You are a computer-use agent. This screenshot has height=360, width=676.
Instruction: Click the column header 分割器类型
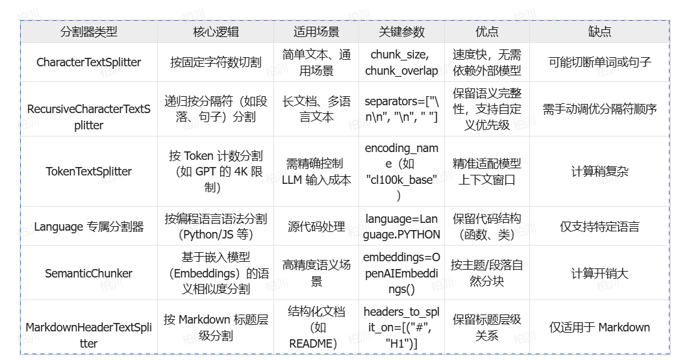pyautogui.click(x=89, y=31)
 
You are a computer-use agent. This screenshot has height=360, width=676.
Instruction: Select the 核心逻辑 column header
pyautogui.click(x=216, y=31)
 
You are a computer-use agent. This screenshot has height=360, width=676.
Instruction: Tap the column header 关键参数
pyautogui.click(x=401, y=31)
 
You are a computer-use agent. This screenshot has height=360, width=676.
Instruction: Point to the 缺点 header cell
pyautogui.click(x=599, y=31)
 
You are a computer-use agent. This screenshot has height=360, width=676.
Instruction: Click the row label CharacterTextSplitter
pyautogui.click(x=89, y=62)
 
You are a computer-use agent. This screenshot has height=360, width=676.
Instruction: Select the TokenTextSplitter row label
pyautogui.click(x=89, y=172)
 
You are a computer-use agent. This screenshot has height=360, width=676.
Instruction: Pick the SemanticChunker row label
pyautogui.click(x=89, y=273)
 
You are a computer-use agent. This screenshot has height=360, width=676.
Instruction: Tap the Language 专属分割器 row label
pyautogui.click(x=89, y=227)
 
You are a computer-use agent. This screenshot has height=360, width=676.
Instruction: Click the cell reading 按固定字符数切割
pyautogui.click(x=216, y=62)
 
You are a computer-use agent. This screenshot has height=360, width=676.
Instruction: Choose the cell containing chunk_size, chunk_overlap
pyautogui.click(x=401, y=62)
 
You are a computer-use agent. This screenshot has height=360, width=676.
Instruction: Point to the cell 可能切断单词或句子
pyautogui.click(x=599, y=62)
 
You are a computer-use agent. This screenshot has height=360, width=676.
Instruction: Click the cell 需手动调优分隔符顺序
pyautogui.click(x=599, y=109)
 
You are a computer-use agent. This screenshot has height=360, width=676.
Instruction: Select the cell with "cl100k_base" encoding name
pyautogui.click(x=401, y=172)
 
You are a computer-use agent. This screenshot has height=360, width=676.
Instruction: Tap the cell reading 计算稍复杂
pyautogui.click(x=599, y=172)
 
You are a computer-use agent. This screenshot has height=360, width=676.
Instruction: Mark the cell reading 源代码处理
pyautogui.click(x=316, y=227)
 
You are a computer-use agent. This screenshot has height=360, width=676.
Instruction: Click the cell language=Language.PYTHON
pyautogui.click(x=401, y=227)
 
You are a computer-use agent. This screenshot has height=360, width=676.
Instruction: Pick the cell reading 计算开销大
pyautogui.click(x=599, y=273)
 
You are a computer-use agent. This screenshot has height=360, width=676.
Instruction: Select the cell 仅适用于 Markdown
pyautogui.click(x=599, y=328)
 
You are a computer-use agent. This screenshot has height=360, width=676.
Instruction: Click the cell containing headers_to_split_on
pyautogui.click(x=401, y=328)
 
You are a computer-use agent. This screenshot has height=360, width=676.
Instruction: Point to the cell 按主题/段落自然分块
pyautogui.click(x=487, y=273)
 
